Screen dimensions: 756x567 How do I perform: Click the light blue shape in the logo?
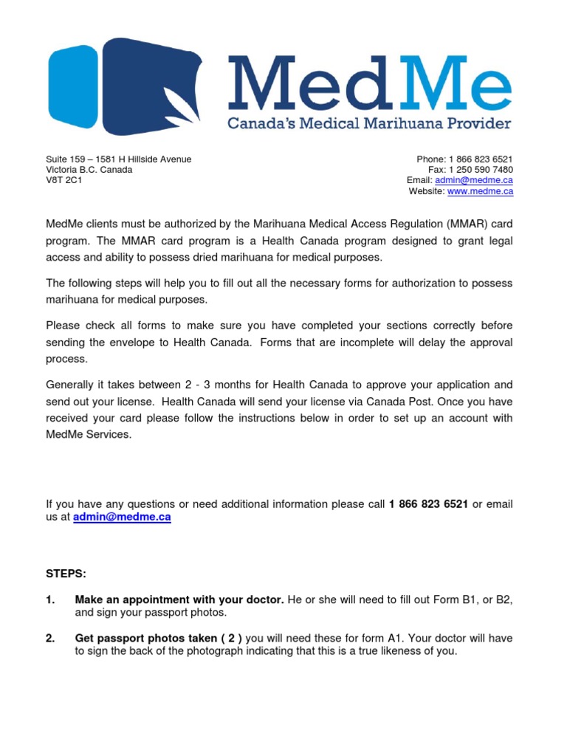(72, 86)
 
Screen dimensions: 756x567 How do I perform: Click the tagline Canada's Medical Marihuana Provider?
(368, 123)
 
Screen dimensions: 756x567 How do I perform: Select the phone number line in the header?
(464, 159)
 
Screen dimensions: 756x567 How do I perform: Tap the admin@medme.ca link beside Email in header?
(484, 180)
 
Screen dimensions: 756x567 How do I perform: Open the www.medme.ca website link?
(480, 191)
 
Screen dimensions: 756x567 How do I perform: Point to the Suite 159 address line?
(118, 159)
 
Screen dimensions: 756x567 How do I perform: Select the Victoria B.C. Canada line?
(89, 170)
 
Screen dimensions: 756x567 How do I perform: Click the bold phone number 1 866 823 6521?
(428, 504)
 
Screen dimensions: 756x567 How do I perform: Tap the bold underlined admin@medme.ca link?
(122, 518)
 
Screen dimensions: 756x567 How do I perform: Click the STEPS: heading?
(66, 573)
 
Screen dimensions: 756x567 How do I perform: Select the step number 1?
(50, 600)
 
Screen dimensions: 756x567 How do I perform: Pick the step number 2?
(50, 639)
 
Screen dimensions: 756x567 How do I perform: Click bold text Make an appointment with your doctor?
(179, 600)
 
